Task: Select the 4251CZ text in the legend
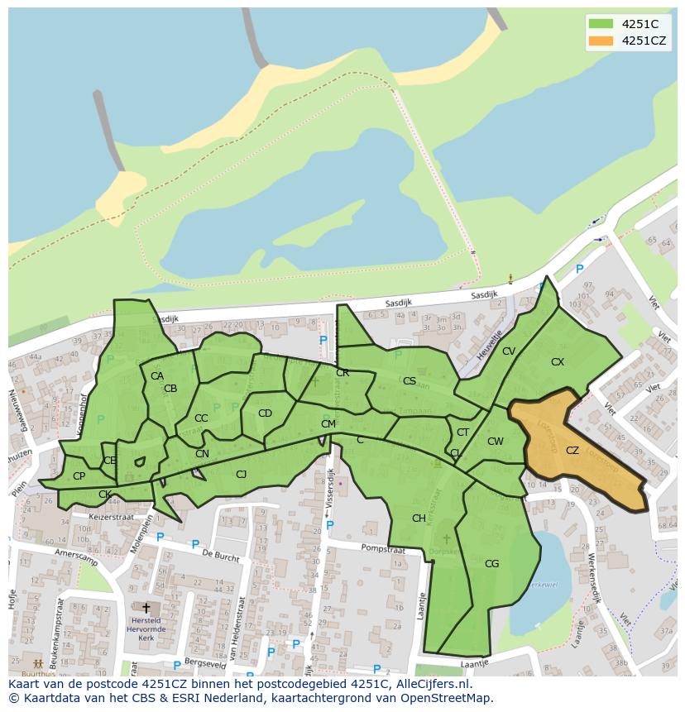[645, 41]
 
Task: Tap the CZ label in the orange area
[572, 451]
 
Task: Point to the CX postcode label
[558, 362]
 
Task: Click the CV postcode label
[509, 351]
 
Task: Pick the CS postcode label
[410, 381]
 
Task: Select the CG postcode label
[492, 564]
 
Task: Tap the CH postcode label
[419, 518]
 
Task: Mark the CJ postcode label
[242, 475]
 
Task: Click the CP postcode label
[79, 476]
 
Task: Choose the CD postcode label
[265, 413]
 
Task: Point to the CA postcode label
[157, 376]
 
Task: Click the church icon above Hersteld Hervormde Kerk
[146, 609]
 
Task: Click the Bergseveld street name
[204, 663]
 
